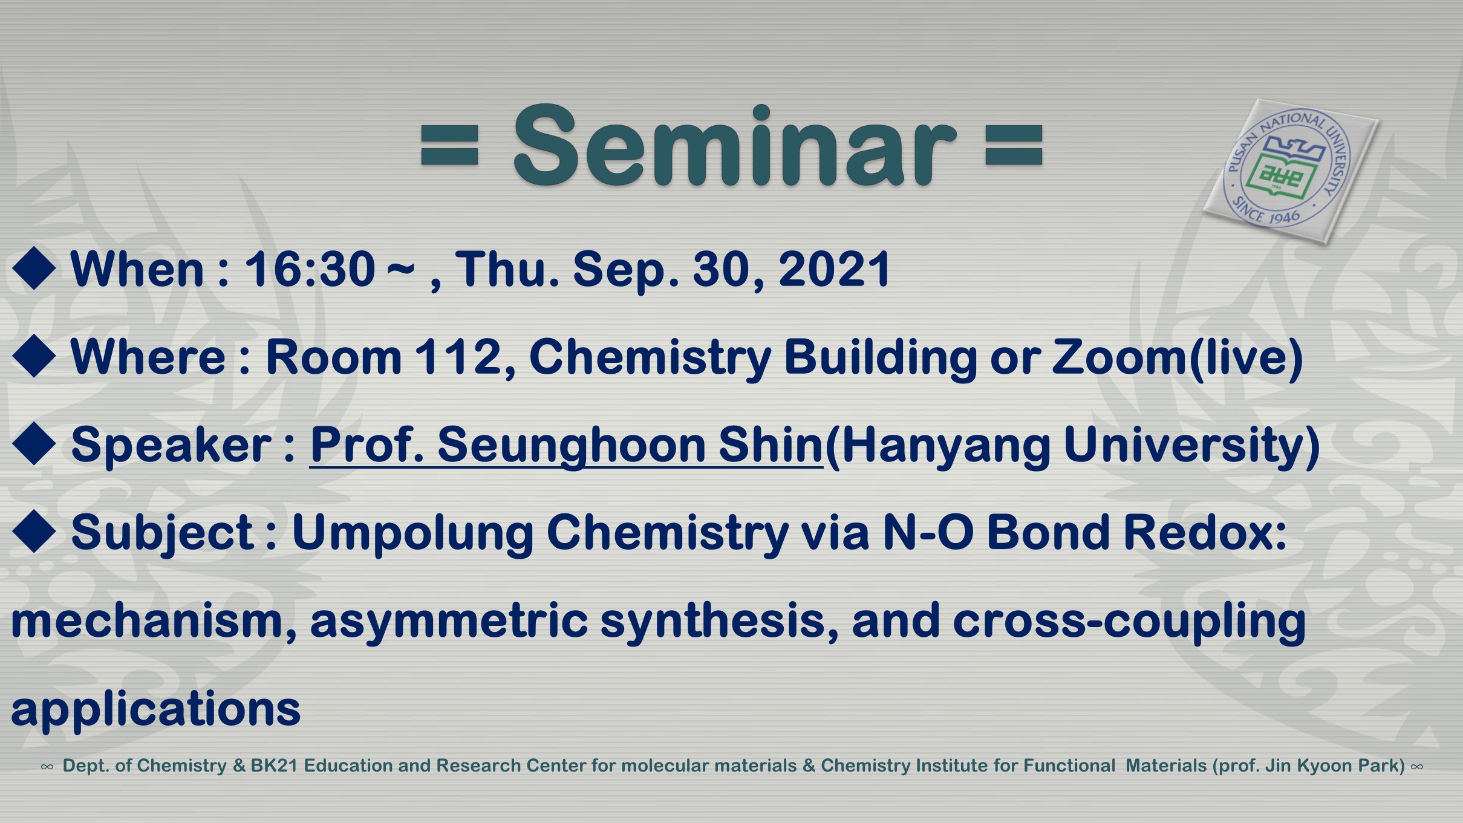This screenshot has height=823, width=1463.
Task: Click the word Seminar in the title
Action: (735, 145)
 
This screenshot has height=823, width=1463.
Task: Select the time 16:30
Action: (310, 269)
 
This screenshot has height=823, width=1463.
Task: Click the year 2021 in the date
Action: (835, 269)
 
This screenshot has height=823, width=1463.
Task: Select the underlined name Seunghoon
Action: (572, 446)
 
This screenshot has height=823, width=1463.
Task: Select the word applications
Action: (155, 709)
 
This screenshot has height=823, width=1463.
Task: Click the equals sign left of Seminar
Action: (449, 145)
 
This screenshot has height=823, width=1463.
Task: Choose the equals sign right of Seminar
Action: (1014, 145)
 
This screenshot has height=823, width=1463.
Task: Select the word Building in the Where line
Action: (881, 358)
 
